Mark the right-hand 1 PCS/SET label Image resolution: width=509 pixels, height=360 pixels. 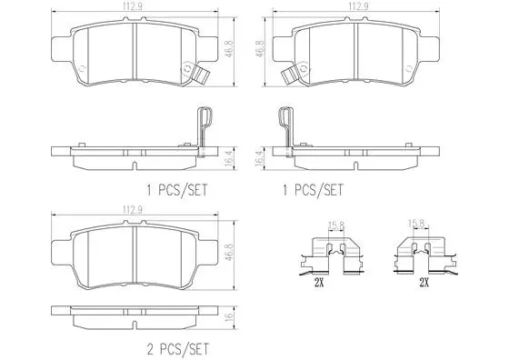pyautogui.click(x=315, y=190)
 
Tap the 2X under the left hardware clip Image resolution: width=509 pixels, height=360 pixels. pyautogui.click(x=319, y=283)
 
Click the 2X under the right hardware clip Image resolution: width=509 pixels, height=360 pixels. pyautogui.click(x=424, y=283)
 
